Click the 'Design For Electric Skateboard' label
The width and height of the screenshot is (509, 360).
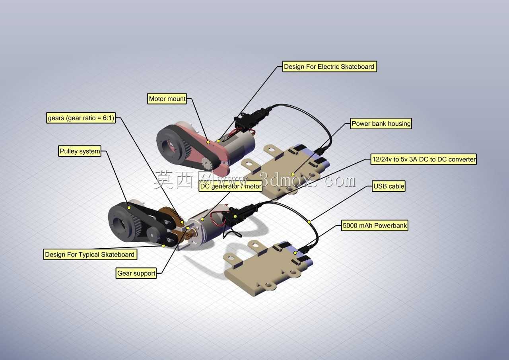point(330,66)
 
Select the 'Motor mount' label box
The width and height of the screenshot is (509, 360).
point(167,99)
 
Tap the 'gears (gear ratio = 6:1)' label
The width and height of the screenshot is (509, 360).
point(81,118)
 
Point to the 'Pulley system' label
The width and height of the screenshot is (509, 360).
point(80,151)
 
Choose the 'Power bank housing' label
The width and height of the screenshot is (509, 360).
point(381,124)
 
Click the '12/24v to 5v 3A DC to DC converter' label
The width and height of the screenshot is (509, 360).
point(424,159)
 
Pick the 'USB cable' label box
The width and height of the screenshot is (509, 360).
point(389,186)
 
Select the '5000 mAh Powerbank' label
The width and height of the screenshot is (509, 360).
point(375,226)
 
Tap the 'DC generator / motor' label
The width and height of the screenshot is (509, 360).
point(230,186)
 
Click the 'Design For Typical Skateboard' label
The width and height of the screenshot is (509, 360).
point(90,254)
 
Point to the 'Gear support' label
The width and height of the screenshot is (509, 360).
point(136,273)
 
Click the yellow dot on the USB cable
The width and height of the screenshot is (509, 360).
point(309,222)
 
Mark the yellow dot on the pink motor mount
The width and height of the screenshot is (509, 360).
point(208,142)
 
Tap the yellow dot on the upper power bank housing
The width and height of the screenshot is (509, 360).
point(293,175)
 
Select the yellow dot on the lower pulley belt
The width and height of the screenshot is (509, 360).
point(129,208)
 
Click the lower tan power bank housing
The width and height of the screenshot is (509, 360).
point(268,268)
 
